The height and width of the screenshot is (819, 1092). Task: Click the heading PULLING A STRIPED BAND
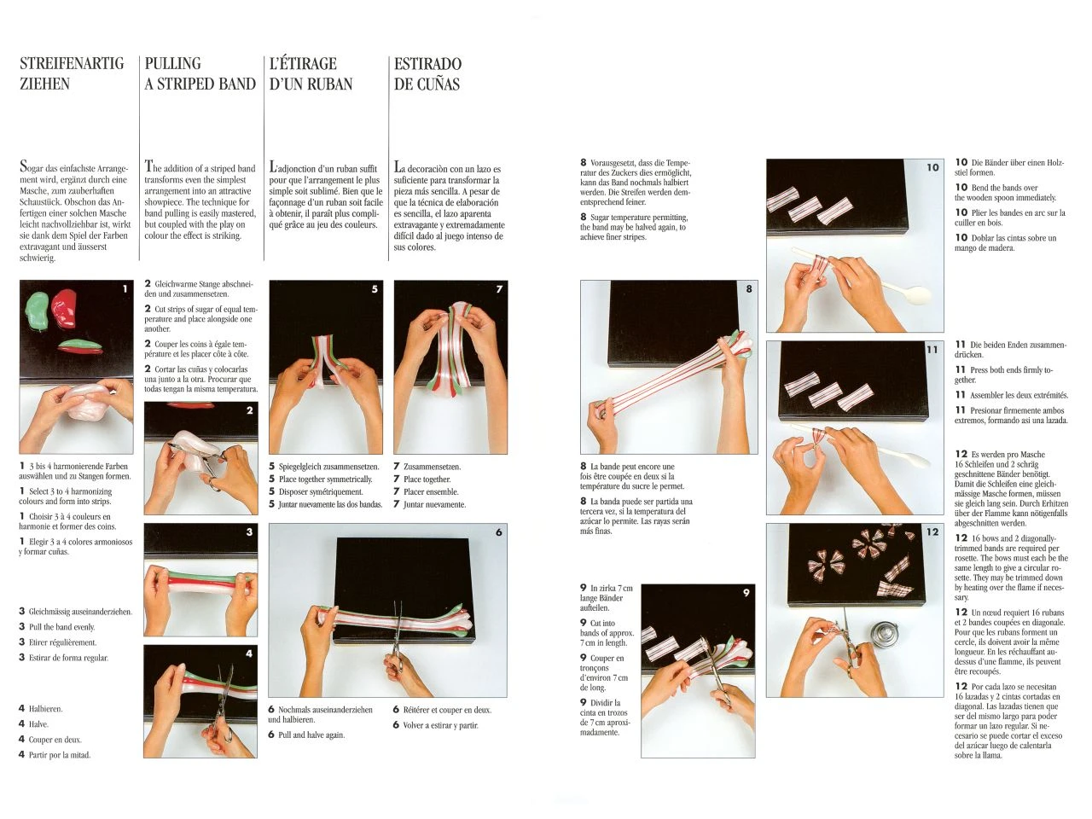coord(200,73)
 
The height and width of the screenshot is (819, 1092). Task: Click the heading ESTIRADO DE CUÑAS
coord(427,73)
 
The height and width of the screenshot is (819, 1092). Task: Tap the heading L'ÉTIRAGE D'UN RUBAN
coord(311,73)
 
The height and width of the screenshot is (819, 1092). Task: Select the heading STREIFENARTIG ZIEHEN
coord(72,73)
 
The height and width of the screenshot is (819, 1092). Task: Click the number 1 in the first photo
coord(125,289)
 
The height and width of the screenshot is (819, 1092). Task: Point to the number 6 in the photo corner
coord(499,532)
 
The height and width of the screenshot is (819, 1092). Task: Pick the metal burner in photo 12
coord(883,636)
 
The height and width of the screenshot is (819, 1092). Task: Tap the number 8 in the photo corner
coord(749,288)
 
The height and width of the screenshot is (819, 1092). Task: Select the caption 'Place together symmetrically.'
coord(325,479)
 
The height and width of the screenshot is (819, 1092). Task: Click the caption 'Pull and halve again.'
coord(311,735)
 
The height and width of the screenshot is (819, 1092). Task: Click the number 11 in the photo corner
coord(932,350)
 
